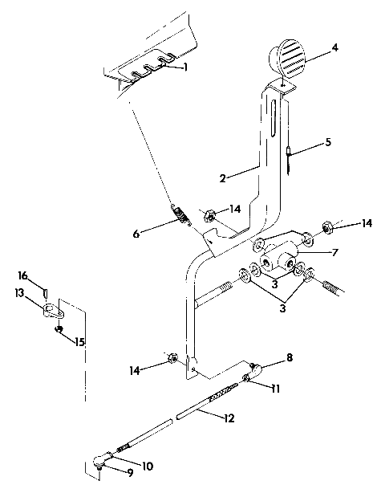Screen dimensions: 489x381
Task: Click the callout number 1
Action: click(x=185, y=67)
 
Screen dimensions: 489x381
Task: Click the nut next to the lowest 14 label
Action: click(x=172, y=357)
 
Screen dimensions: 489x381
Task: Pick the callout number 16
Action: click(x=22, y=275)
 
